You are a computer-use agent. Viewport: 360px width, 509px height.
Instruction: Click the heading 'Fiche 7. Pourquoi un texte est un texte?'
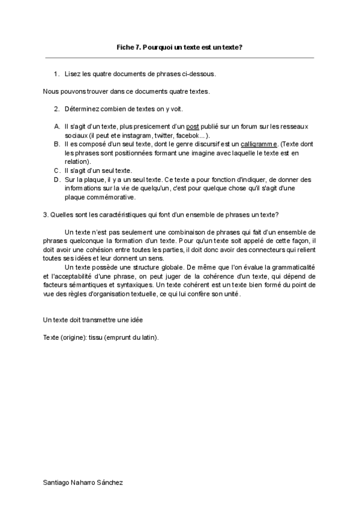click(179, 47)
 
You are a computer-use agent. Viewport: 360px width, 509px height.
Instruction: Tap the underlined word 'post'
click(193, 127)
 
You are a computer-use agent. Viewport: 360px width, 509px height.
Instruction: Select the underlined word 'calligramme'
click(259, 145)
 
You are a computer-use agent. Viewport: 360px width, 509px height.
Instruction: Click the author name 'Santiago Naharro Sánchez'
click(84, 482)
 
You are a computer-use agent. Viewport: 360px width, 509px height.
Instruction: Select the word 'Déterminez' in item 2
click(82, 109)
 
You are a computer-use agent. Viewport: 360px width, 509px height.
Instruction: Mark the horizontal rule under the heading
click(179, 58)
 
